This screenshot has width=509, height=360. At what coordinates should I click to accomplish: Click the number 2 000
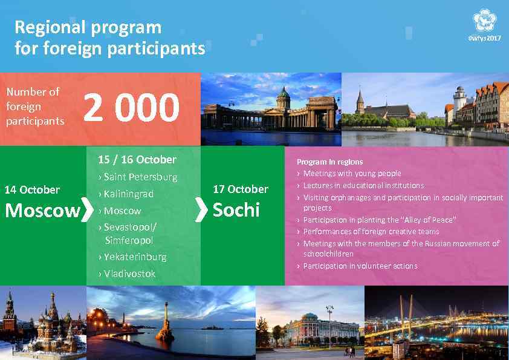(x=131, y=108)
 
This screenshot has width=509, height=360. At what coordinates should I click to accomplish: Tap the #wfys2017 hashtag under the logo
(x=485, y=38)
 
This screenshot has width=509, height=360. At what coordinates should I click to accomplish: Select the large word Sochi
(x=236, y=210)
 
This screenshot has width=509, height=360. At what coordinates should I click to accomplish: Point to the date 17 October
(x=241, y=189)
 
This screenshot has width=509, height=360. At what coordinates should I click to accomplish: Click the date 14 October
(x=32, y=190)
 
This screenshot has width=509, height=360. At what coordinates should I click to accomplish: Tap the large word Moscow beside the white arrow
(x=42, y=211)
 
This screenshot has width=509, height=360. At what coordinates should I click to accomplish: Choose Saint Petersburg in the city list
(x=140, y=177)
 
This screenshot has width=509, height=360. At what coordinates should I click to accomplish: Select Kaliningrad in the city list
(x=128, y=194)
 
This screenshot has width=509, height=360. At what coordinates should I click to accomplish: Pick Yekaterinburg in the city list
(x=134, y=257)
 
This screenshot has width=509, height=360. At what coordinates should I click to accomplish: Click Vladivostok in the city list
(x=129, y=274)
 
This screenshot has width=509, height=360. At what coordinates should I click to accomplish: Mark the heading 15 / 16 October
(x=137, y=160)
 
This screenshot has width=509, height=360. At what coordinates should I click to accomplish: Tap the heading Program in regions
(x=329, y=162)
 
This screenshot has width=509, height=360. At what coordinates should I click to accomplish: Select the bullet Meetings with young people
(x=352, y=174)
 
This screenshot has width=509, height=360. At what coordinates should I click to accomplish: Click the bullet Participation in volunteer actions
(x=360, y=266)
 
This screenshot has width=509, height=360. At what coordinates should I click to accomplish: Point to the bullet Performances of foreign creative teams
(x=371, y=232)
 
